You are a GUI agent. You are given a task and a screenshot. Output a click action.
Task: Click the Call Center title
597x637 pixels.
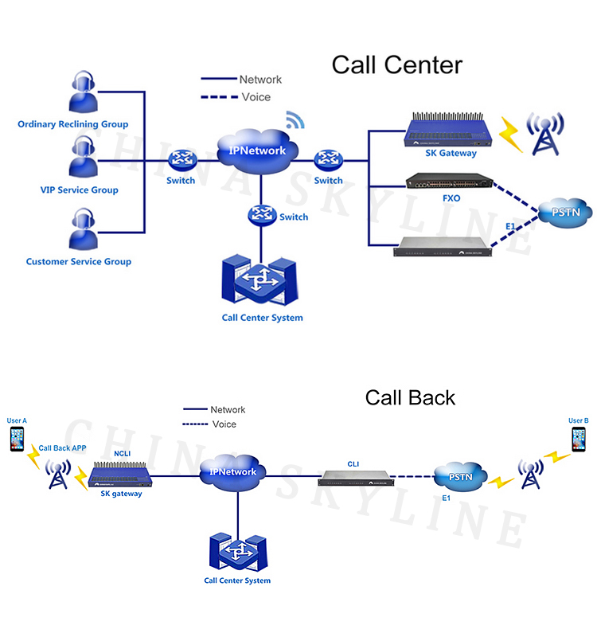tap(396, 64)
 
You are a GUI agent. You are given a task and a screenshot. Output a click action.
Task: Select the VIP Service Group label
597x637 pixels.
tap(79, 190)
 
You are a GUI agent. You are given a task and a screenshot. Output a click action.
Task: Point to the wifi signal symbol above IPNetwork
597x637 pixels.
tap(295, 121)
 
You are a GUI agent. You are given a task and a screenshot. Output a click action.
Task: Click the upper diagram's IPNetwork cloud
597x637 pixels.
tap(256, 149)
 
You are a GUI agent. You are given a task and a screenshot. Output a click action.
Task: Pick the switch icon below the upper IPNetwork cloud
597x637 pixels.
tap(260, 215)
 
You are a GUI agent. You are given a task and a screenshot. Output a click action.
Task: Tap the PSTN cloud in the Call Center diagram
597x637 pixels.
tap(564, 213)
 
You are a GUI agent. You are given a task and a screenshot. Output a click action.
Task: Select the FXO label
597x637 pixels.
tap(451, 198)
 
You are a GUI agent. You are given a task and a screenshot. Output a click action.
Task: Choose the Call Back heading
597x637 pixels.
tap(410, 397)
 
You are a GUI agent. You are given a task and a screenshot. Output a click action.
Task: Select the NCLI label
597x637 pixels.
tap(122, 454)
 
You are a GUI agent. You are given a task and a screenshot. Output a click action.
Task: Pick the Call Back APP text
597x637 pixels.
tap(62, 448)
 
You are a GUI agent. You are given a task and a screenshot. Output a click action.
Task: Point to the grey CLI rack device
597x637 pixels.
tap(355, 478)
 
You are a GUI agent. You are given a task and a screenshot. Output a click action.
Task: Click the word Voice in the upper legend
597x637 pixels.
tap(256, 97)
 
